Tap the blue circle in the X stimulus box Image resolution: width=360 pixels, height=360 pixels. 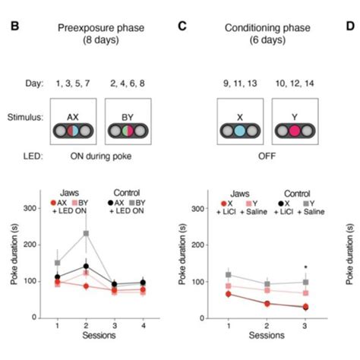239,131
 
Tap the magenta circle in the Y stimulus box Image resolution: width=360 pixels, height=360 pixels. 292,131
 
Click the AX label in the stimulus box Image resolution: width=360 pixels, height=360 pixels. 74,116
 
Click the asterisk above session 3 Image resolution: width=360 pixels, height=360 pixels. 305,267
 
